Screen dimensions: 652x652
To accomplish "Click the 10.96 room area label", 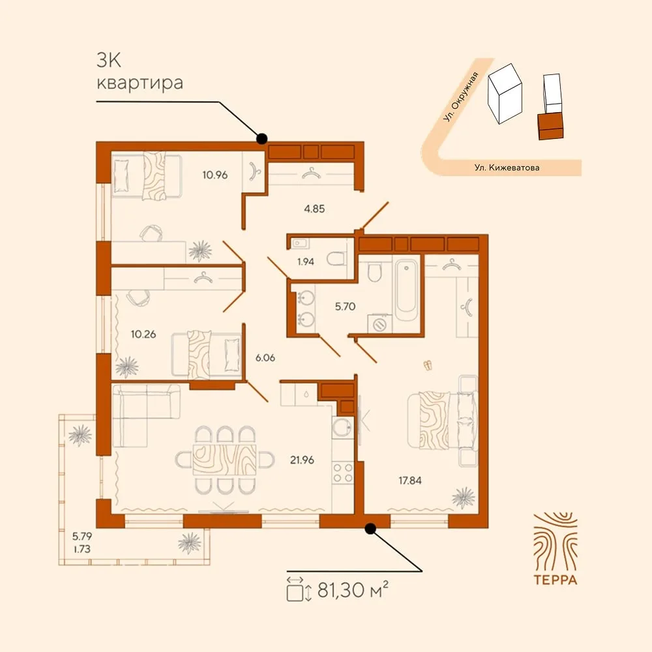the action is [x=215, y=175].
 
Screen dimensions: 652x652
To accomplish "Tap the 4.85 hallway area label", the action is [x=314, y=209].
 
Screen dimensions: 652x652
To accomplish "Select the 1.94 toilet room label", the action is [x=306, y=261].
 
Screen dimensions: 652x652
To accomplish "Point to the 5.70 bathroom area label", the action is [x=345, y=306].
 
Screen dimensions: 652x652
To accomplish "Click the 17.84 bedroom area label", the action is [x=410, y=481].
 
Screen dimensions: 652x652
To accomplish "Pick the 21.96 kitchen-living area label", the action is [x=303, y=460].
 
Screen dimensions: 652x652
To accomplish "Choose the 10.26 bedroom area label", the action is [x=143, y=334].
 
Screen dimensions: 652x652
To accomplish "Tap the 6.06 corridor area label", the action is [x=265, y=357].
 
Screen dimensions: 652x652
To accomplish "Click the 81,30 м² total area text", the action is [x=353, y=589].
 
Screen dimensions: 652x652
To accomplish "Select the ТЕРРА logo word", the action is [x=556, y=580].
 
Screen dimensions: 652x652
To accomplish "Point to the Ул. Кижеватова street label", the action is [x=507, y=168].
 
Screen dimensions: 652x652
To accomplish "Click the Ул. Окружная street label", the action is [x=461, y=97].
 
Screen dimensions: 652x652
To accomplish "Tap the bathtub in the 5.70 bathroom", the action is [x=406, y=290].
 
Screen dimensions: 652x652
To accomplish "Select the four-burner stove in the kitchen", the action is [x=343, y=473].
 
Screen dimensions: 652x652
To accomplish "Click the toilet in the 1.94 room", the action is [x=336, y=259].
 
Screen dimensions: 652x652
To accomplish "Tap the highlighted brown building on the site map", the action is [x=551, y=126].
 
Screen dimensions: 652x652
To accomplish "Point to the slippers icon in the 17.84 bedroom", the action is [x=428, y=366].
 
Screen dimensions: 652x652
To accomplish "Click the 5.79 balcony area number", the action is [x=82, y=536].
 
